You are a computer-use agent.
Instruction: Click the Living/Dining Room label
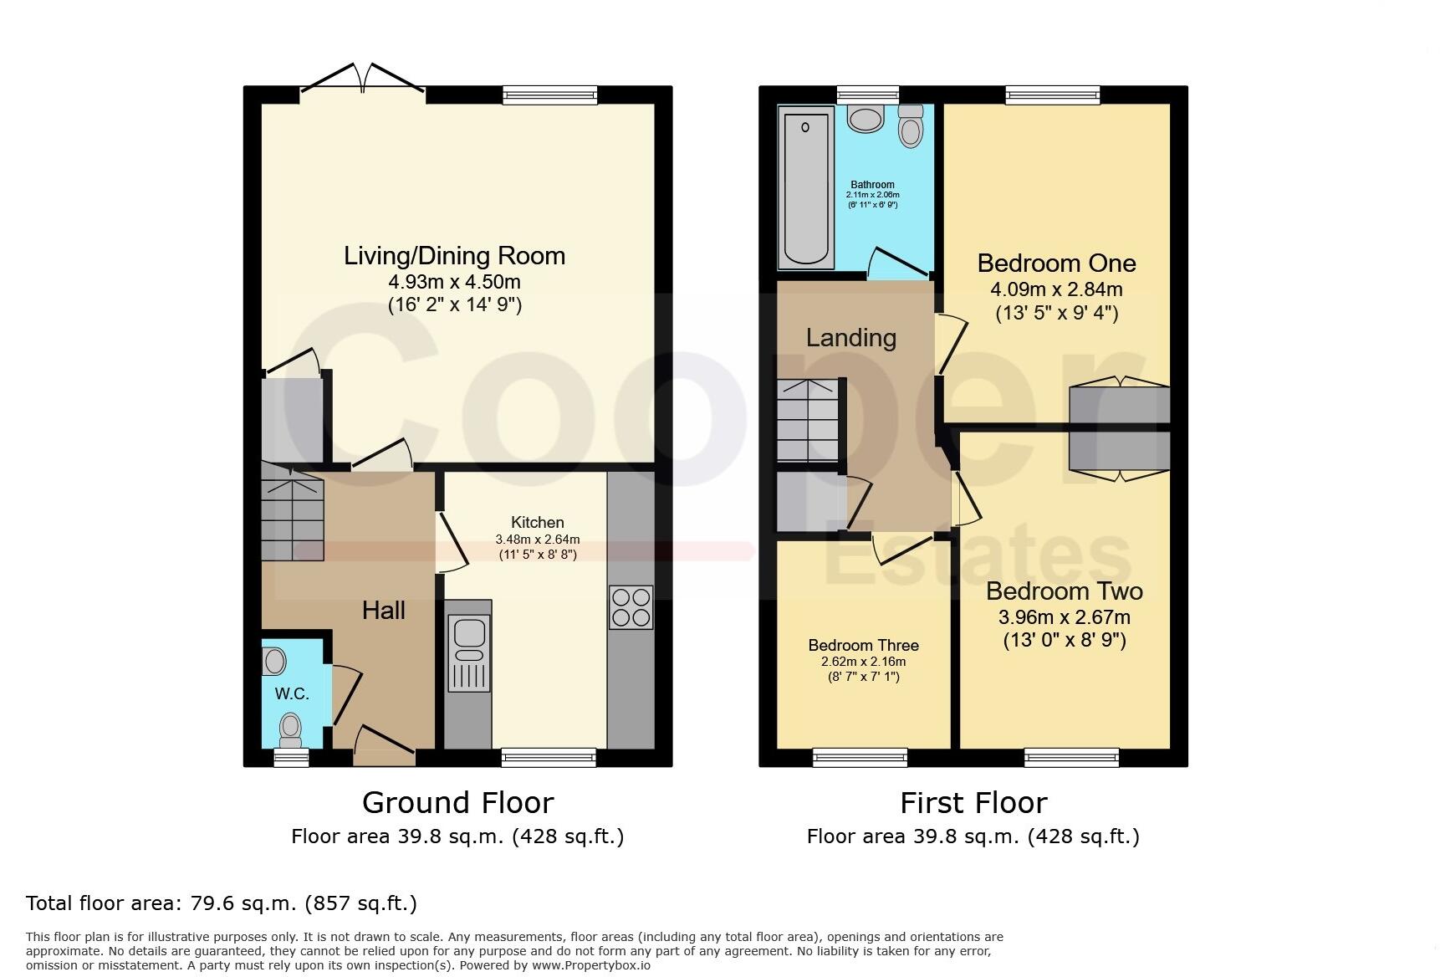pos(454,256)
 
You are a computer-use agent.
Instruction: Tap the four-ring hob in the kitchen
pos(631,607)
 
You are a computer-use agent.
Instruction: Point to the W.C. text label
pos(292,693)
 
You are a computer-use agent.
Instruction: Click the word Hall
pos(384,611)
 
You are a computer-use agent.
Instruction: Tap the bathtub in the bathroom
pos(805,187)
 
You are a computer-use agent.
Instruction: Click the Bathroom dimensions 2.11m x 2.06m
pos(872,195)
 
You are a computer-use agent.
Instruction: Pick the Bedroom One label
pos(1056,263)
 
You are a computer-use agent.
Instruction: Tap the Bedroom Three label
pos(863,645)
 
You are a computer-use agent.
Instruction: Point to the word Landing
pos(850,338)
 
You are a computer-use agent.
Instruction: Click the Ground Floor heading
pos(457,803)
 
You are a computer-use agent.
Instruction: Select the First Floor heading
pos(973,803)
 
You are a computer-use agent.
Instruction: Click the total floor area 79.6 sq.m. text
pos(221,903)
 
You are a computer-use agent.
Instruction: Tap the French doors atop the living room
pos(363,79)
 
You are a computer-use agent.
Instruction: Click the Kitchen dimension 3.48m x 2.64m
pos(537,540)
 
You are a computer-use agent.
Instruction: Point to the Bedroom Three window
pos(860,758)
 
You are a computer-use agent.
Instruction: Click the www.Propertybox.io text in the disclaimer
pos(590,964)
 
